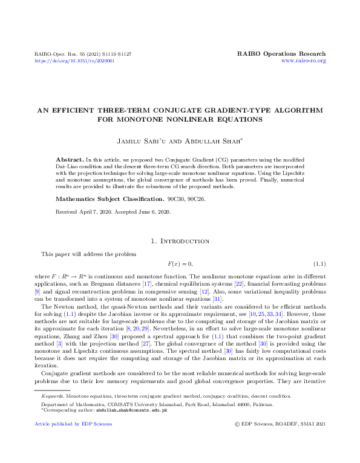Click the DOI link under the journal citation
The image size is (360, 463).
74,61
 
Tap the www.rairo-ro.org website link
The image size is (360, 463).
304,61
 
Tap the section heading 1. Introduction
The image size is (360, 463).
180,241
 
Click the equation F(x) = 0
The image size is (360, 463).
180,264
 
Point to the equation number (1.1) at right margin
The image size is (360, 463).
319,264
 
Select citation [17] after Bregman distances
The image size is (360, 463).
146,284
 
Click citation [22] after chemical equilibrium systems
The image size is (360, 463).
240,284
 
